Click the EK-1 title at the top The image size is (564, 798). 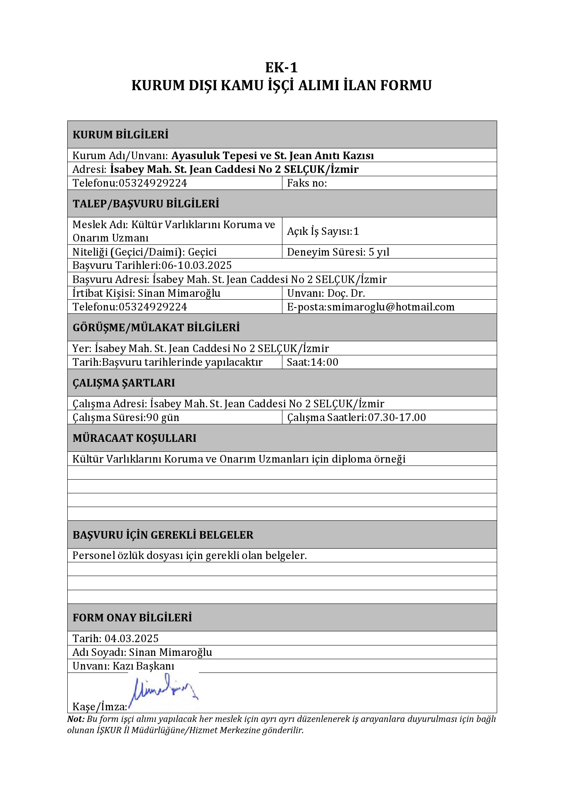(x=282, y=67)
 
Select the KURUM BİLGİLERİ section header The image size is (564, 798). (x=120, y=135)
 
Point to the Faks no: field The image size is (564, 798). (x=307, y=183)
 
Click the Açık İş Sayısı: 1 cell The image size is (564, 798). (x=323, y=231)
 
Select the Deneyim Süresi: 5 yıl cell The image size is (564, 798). (x=338, y=252)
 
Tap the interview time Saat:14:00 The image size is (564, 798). (x=312, y=362)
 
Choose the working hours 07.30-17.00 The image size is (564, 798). (x=397, y=417)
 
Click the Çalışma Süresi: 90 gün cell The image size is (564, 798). (x=126, y=417)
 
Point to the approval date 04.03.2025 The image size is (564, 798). (x=131, y=638)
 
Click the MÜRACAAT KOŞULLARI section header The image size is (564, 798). (x=134, y=438)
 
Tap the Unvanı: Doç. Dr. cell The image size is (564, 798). (x=326, y=293)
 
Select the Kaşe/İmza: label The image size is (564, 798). (x=100, y=706)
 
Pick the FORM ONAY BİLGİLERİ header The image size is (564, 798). (x=132, y=618)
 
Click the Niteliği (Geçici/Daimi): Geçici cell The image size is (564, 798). (x=145, y=252)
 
